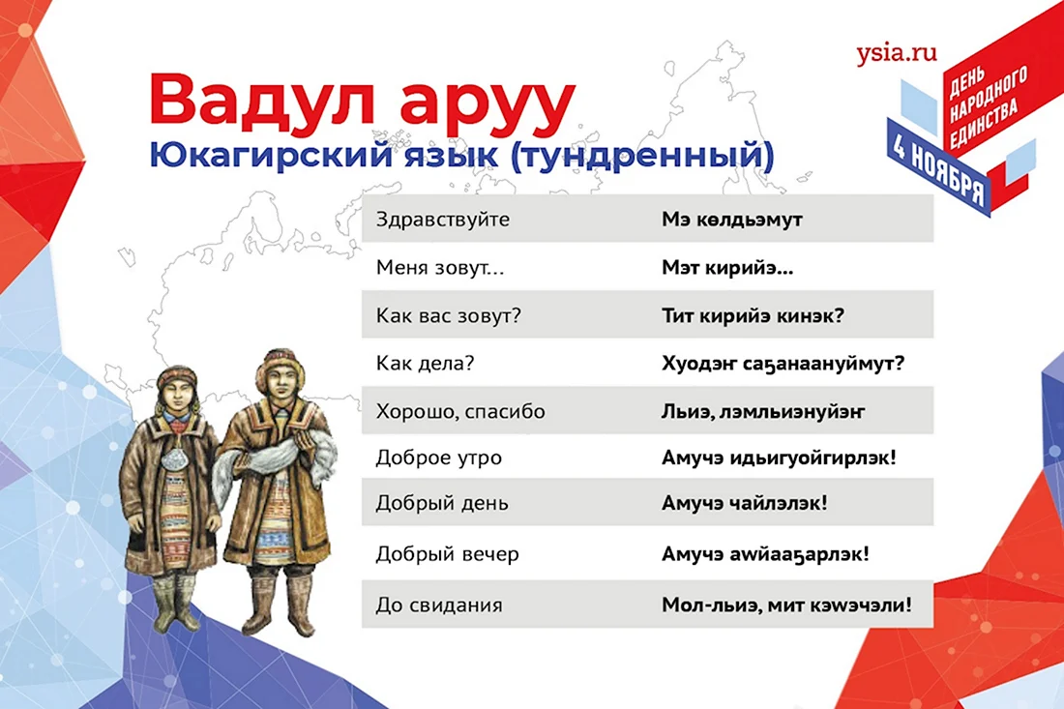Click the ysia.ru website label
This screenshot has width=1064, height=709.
coord(896,53)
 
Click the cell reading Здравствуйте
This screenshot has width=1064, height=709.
coord(442,220)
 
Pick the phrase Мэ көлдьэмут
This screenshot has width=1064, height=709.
coord(731,220)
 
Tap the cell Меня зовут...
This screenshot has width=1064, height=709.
coord(440,268)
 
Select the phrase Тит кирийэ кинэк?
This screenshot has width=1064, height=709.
coord(753,315)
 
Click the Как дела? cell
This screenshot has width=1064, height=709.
coord(425,364)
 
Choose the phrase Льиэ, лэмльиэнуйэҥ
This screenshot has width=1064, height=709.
coord(763,411)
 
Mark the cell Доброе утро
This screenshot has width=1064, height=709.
coord(438,458)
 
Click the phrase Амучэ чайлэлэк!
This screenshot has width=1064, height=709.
coord(745,503)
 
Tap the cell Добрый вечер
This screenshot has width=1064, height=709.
coord(447,554)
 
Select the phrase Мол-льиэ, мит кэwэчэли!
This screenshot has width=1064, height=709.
coord(786,605)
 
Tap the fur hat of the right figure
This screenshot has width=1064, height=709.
coord(281,367)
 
